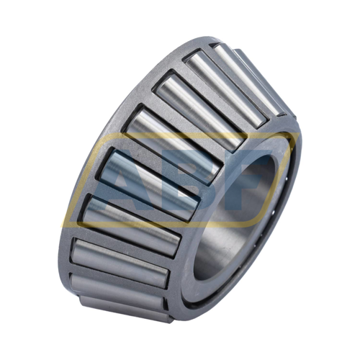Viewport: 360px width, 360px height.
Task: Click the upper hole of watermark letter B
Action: coord(192,168)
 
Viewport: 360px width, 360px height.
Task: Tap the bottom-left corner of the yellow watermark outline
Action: coord(62,226)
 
